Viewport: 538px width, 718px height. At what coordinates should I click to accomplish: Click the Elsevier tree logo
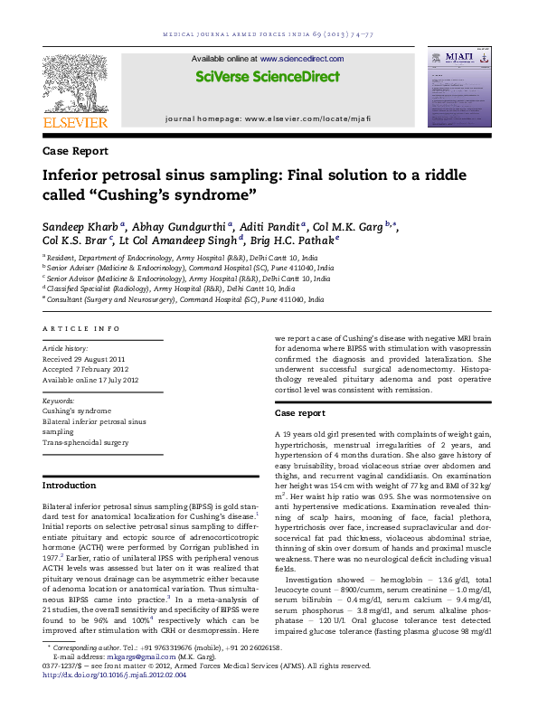[75, 87]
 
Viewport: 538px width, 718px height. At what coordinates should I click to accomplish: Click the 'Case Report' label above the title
[75, 151]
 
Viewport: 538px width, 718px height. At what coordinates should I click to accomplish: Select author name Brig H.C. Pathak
[294, 241]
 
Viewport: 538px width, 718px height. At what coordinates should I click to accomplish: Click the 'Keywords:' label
[59, 399]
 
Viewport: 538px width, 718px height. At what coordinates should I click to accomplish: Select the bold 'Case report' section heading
[300, 412]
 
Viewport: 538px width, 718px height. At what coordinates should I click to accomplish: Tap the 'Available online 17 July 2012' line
[91, 380]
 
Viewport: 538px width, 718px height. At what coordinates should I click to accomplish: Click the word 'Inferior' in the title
[78, 175]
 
